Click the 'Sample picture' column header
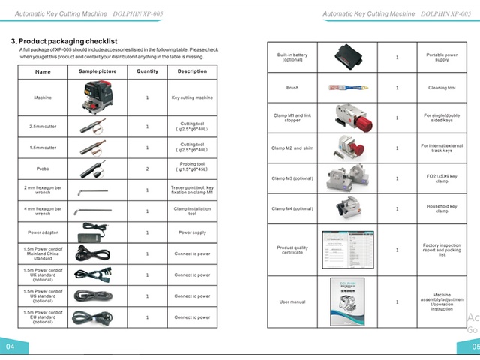coord(97,71)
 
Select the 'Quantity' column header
coord(147,71)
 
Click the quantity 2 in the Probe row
coord(147,169)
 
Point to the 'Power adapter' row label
coord(43,232)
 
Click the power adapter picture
coord(97,232)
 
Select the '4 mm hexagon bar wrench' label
coord(43,211)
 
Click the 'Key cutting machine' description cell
coord(192,97)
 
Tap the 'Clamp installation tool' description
coord(192,211)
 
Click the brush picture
coord(347,88)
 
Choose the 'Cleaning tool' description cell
coord(441,88)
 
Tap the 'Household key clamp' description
coord(441,208)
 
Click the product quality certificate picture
coord(347,250)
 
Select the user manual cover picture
coord(347,301)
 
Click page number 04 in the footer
coord(10,346)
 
